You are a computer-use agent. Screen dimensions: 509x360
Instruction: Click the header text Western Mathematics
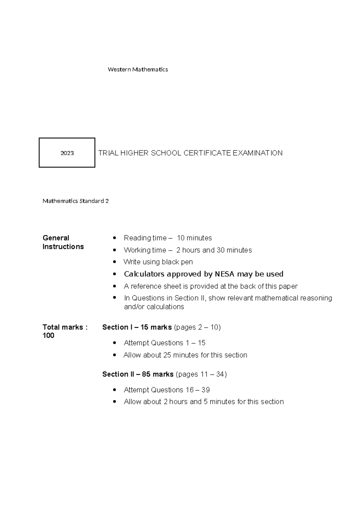(x=138, y=70)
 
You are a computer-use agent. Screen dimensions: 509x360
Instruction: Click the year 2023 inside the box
(x=67, y=153)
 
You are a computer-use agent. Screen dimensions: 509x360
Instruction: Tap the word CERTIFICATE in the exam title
(x=207, y=153)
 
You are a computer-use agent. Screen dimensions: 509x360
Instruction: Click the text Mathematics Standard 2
(x=76, y=201)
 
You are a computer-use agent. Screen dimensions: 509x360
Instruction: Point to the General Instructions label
(x=63, y=242)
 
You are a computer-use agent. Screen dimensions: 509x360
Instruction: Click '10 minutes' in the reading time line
(x=194, y=238)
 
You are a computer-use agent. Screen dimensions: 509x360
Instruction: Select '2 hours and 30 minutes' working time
(x=214, y=250)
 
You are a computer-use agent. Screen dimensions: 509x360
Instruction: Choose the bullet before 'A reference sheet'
(x=114, y=286)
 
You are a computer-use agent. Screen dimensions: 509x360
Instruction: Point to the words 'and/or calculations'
(x=154, y=307)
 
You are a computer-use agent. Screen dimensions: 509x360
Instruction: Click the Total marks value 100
(x=48, y=336)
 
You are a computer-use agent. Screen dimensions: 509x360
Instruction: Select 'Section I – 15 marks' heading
(x=137, y=327)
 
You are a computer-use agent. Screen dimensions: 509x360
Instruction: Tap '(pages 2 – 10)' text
(x=197, y=327)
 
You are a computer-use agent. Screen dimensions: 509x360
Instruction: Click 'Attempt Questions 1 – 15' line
(x=164, y=343)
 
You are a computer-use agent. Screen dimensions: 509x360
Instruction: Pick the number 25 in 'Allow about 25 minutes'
(x=167, y=355)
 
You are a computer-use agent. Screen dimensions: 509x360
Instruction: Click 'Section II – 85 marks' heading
(x=138, y=374)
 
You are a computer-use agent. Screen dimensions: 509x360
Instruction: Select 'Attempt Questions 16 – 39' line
(x=166, y=390)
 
